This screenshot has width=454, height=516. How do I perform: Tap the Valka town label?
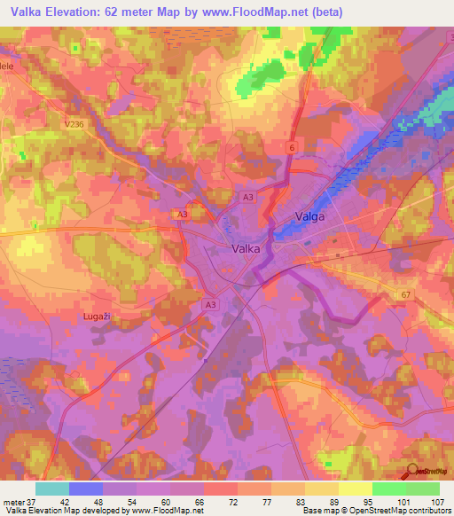click(x=246, y=249)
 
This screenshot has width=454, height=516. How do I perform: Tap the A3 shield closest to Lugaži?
click(x=210, y=305)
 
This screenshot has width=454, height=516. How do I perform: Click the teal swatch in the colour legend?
click(x=52, y=489)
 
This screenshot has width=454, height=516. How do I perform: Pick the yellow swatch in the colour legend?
click(x=355, y=489)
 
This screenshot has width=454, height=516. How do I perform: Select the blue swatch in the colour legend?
click(x=86, y=489)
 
